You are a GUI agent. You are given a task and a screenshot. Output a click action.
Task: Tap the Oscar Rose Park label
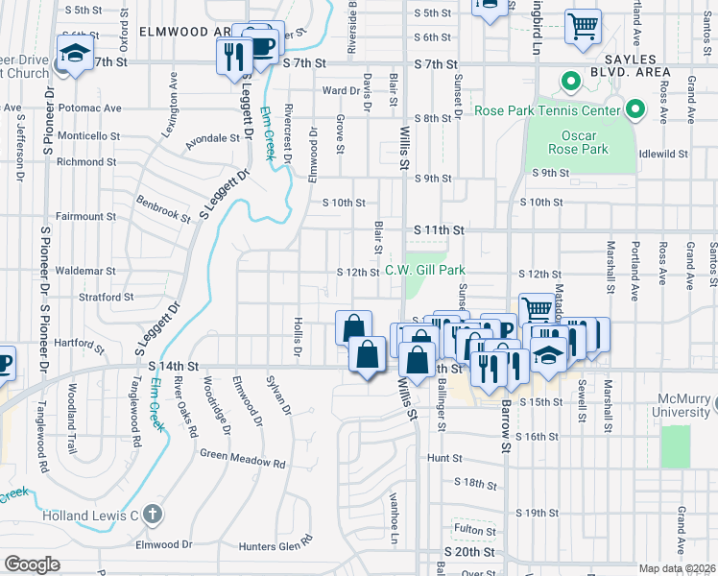[x=578, y=142]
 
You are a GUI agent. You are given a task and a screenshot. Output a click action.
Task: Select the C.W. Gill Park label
[x=425, y=271]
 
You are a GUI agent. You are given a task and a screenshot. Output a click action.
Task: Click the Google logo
[x=32, y=564]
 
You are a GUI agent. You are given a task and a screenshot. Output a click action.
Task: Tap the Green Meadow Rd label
[x=243, y=458]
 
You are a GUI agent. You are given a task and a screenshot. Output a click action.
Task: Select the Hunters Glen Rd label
[x=275, y=545]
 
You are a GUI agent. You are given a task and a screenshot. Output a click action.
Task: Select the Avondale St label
[x=211, y=138]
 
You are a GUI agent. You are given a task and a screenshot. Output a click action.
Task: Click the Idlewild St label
[x=664, y=154]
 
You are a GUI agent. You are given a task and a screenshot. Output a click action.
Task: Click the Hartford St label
[x=79, y=342]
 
